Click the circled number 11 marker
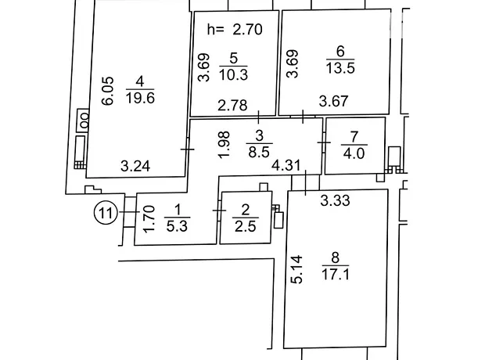point(106,212)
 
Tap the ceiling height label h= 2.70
point(235,30)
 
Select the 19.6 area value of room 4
point(140,99)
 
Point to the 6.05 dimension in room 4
point(108,92)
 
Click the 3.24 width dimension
point(135,166)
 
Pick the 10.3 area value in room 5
point(234,74)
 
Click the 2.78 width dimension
point(232,105)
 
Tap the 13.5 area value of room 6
point(340,68)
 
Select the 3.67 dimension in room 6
point(333,101)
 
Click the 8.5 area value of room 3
point(259,152)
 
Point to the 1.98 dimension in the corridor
point(224,145)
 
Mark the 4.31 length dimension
point(286,165)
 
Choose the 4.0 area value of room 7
point(354,153)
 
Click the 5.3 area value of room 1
point(177,226)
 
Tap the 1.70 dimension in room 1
point(149,219)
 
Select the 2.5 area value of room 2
point(246,226)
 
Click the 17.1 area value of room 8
point(336,274)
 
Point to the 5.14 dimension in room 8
point(297,269)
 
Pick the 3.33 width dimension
point(335,200)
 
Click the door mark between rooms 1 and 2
point(219,211)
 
